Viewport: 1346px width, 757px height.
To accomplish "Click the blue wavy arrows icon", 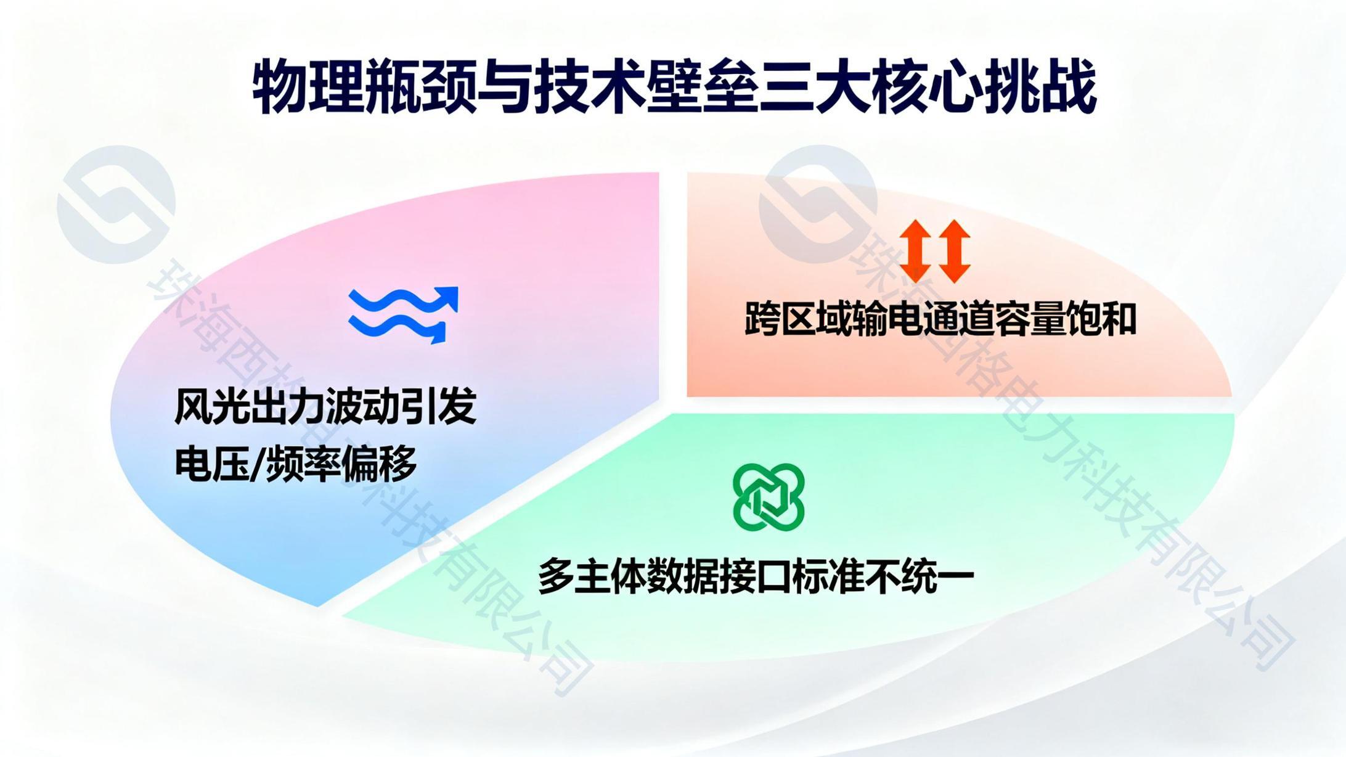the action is (x=404, y=314).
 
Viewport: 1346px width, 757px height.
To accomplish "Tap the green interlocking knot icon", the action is (x=769, y=497).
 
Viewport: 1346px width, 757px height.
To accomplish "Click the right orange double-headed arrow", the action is (x=955, y=251).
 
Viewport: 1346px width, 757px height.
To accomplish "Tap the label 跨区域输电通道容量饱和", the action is (x=940, y=319).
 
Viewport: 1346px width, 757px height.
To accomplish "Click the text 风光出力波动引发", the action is (x=326, y=406).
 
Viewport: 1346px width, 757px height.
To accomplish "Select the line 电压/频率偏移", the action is (x=296, y=464).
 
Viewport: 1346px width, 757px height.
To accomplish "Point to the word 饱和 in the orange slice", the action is (x=1102, y=319).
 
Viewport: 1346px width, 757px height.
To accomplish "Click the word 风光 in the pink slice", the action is (x=211, y=406).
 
